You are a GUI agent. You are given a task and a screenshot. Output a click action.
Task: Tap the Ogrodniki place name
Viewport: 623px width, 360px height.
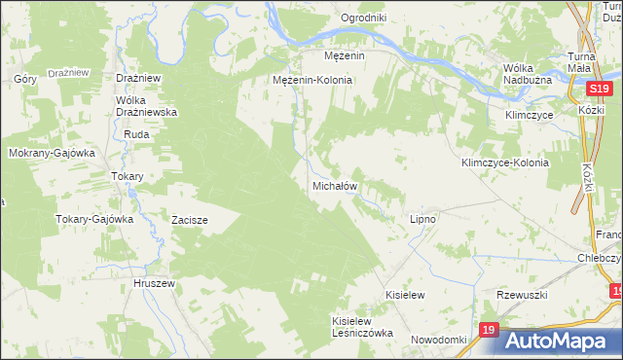[364, 18]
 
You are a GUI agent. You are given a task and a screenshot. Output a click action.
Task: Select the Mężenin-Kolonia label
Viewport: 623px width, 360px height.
[311, 80]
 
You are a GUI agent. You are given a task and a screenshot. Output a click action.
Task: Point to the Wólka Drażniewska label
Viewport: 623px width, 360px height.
[145, 106]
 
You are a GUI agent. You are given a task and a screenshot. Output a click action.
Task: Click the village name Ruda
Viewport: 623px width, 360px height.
[135, 134]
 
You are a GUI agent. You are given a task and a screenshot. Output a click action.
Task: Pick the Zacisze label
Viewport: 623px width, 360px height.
[190, 220]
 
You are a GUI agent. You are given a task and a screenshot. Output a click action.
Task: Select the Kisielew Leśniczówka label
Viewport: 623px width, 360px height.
[362, 326]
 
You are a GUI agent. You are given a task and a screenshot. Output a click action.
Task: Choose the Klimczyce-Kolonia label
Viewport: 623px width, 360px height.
[505, 162]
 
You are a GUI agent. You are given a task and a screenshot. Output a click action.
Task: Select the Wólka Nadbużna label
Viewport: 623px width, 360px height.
[530, 74]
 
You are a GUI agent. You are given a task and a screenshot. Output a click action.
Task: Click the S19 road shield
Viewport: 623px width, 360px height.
[599, 89]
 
